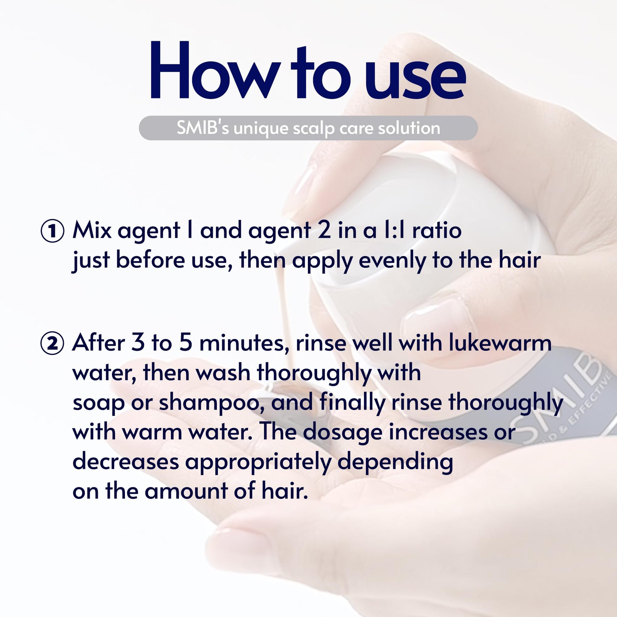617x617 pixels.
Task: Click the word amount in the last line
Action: coord(186,492)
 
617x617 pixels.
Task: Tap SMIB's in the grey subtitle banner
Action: coord(203,128)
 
